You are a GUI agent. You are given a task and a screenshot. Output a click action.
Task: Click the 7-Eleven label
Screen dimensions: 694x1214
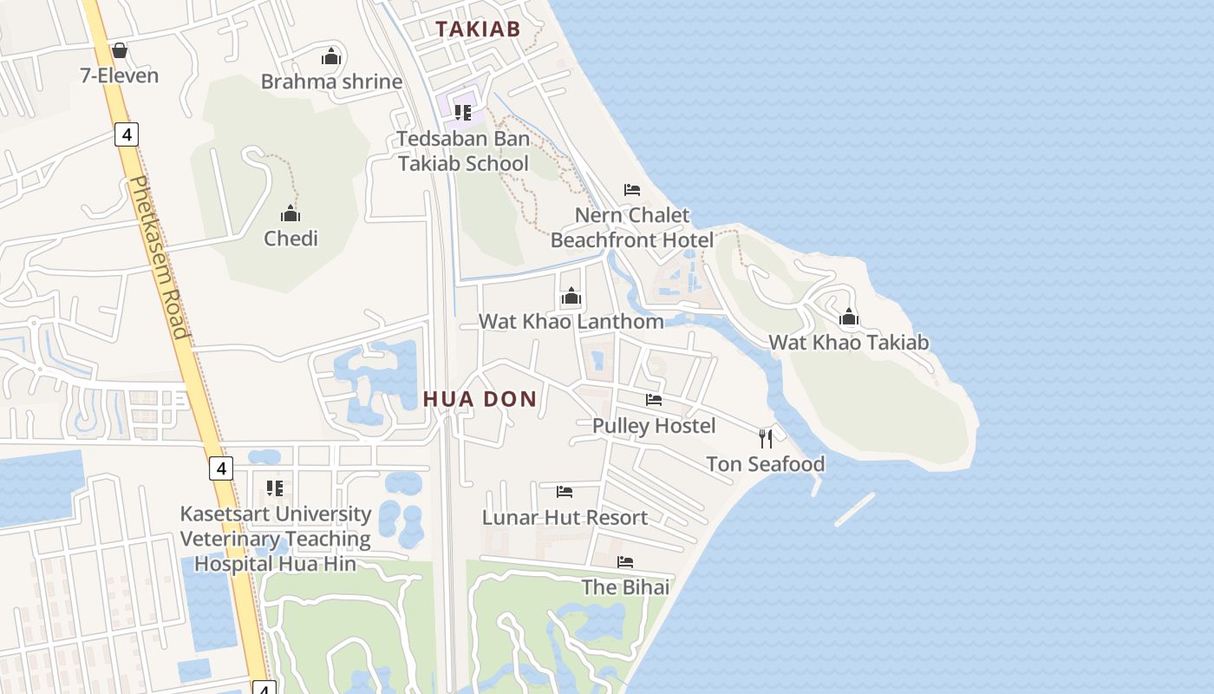[x=120, y=75]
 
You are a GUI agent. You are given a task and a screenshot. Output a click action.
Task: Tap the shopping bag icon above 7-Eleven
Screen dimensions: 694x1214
[x=120, y=51]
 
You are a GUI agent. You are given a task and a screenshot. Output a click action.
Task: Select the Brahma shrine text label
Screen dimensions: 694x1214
[x=332, y=82]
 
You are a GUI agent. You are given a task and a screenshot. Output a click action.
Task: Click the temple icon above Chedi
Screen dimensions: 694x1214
[x=290, y=213]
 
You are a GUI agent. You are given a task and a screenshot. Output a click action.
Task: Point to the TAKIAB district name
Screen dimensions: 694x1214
[x=478, y=29]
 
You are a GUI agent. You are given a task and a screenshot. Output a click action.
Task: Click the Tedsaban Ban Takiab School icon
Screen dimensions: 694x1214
[x=463, y=112]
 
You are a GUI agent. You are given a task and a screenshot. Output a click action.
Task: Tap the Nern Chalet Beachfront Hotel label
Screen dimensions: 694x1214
[x=632, y=227]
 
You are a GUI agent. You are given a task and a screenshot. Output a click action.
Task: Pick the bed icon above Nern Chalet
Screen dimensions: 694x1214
[x=632, y=190]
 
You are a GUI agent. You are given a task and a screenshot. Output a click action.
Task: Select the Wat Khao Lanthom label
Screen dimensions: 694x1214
[x=571, y=321]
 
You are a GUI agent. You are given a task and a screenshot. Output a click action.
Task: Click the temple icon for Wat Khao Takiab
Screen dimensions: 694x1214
[x=849, y=318]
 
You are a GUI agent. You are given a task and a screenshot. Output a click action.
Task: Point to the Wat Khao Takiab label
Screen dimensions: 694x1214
[x=849, y=342]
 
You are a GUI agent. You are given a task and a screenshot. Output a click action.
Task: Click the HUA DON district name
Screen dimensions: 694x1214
[x=480, y=399]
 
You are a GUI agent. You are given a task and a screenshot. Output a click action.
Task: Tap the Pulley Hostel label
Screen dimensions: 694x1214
[x=654, y=425]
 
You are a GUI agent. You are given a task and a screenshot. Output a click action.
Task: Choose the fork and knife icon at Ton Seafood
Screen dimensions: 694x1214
[x=765, y=438]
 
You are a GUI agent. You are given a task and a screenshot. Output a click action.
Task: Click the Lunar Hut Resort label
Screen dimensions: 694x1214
[x=565, y=517]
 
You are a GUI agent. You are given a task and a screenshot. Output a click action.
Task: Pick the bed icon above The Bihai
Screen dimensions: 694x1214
[x=625, y=562]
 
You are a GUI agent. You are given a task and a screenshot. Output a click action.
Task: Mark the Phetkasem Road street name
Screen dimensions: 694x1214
[x=158, y=258]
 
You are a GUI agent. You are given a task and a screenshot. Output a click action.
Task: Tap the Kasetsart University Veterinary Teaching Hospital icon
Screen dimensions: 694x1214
[x=275, y=488]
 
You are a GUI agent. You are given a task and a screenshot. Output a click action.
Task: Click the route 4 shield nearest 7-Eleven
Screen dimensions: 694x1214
[x=126, y=134]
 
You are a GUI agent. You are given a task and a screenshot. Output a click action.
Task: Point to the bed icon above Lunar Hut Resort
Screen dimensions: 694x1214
[x=565, y=492]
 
